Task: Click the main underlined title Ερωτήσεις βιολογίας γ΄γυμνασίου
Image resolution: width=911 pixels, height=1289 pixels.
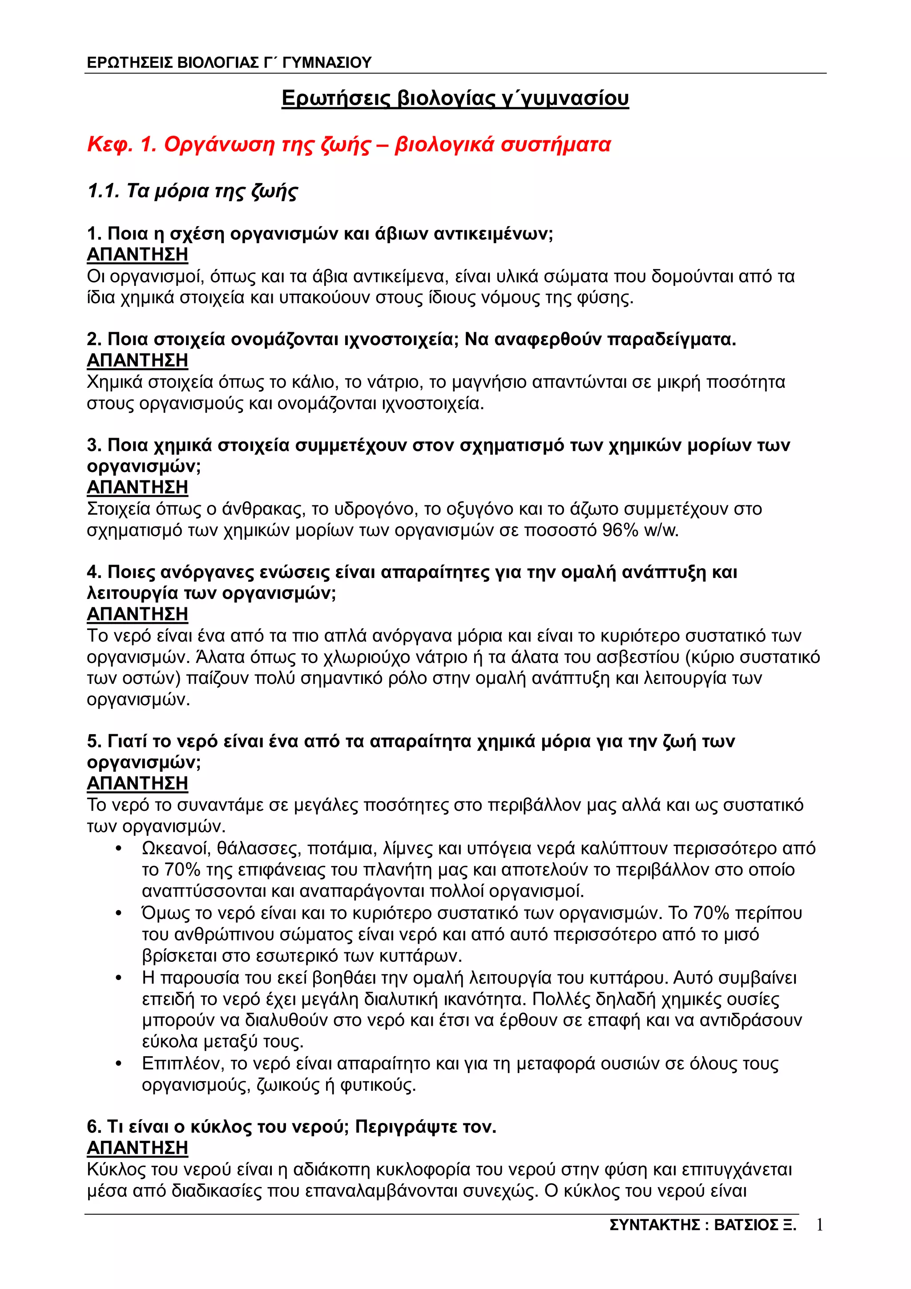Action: tap(455, 98)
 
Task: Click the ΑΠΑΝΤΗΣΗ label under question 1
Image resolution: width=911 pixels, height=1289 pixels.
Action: tap(137, 255)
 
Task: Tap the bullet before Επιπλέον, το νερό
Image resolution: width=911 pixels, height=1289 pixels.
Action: tap(118, 1064)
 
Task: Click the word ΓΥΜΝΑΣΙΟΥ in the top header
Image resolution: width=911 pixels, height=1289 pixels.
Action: tap(327, 62)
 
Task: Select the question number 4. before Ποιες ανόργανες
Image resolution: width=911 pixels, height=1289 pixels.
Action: tap(94, 573)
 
